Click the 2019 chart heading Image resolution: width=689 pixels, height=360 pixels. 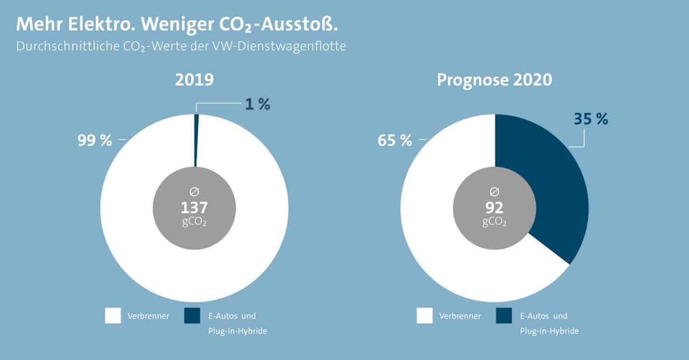click(x=194, y=80)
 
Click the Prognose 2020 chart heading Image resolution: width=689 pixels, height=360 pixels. click(x=494, y=80)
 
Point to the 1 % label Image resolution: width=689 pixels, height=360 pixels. click(x=257, y=105)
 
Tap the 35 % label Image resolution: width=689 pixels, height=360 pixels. click(x=591, y=119)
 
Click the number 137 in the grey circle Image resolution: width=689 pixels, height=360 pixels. click(x=194, y=208)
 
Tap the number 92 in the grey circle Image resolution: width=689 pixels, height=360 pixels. click(x=495, y=208)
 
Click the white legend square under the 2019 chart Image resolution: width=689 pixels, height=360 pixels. click(x=113, y=316)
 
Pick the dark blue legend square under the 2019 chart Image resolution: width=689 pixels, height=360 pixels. click(x=192, y=316)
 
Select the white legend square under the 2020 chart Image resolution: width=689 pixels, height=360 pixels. click(x=424, y=316)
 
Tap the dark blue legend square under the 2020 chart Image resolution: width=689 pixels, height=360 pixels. click(x=504, y=316)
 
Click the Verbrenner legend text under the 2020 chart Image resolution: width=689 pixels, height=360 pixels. click(x=460, y=316)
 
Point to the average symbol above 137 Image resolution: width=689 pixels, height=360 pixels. click(x=194, y=191)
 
